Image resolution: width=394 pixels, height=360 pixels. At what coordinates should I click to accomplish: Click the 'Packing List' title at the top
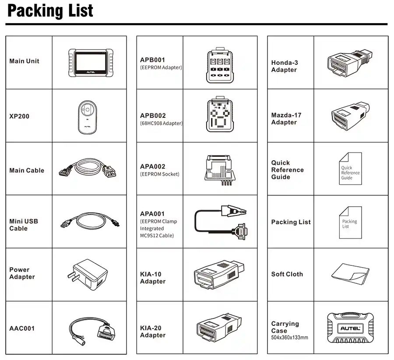[50, 11]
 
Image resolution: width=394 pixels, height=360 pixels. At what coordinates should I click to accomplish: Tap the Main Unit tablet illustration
[91, 63]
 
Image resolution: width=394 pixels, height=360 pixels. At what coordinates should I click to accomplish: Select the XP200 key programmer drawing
[87, 117]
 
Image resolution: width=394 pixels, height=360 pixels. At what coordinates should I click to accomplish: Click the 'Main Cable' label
[27, 170]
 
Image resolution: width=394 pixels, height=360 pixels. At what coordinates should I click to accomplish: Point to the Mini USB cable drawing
[90, 221]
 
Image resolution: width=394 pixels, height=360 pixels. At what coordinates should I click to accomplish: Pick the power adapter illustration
[88, 275]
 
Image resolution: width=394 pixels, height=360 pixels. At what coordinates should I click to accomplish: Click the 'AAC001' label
[22, 328]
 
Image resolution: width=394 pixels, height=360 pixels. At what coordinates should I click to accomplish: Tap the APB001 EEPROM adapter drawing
[220, 65]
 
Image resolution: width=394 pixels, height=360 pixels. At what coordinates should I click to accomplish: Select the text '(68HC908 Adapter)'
[161, 123]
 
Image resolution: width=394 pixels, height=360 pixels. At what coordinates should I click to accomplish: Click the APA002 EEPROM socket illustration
[220, 170]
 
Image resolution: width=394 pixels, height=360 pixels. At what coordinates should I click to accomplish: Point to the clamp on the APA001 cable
[234, 210]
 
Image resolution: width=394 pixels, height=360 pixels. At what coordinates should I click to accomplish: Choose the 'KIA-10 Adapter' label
[153, 278]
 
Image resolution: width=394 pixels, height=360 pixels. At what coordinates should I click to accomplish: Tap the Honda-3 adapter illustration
[350, 63]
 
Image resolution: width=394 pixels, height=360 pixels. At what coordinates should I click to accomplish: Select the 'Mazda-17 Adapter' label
[286, 119]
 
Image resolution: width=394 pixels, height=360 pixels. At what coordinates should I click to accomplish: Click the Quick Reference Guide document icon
[350, 169]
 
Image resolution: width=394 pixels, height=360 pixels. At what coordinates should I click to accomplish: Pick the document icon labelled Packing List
[350, 222]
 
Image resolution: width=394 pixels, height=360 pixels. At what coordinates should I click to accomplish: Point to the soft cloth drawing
[350, 274]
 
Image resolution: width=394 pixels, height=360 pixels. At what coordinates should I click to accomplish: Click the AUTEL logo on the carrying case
[350, 328]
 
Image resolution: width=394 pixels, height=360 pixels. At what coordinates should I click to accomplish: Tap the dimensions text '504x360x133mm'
[289, 338]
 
